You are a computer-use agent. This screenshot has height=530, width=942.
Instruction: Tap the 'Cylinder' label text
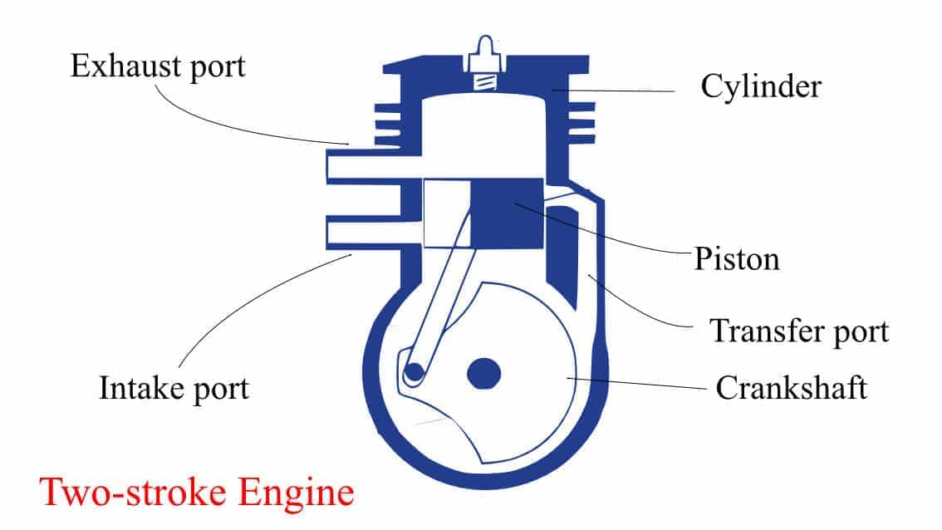(761, 86)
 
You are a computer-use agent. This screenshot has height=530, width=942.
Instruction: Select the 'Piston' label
(737, 258)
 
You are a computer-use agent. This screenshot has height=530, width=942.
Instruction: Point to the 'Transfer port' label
(798, 331)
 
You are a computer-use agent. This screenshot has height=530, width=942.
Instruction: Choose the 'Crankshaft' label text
(791, 388)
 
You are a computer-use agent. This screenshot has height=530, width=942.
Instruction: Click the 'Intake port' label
(174, 388)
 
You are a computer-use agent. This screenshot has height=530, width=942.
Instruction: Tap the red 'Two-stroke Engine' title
(197, 492)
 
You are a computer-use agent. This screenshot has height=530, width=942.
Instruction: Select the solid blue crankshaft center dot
(484, 374)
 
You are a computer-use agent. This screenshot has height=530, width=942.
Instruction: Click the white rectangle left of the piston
(447, 213)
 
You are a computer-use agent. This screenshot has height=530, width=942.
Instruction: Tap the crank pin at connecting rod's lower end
(413, 374)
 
